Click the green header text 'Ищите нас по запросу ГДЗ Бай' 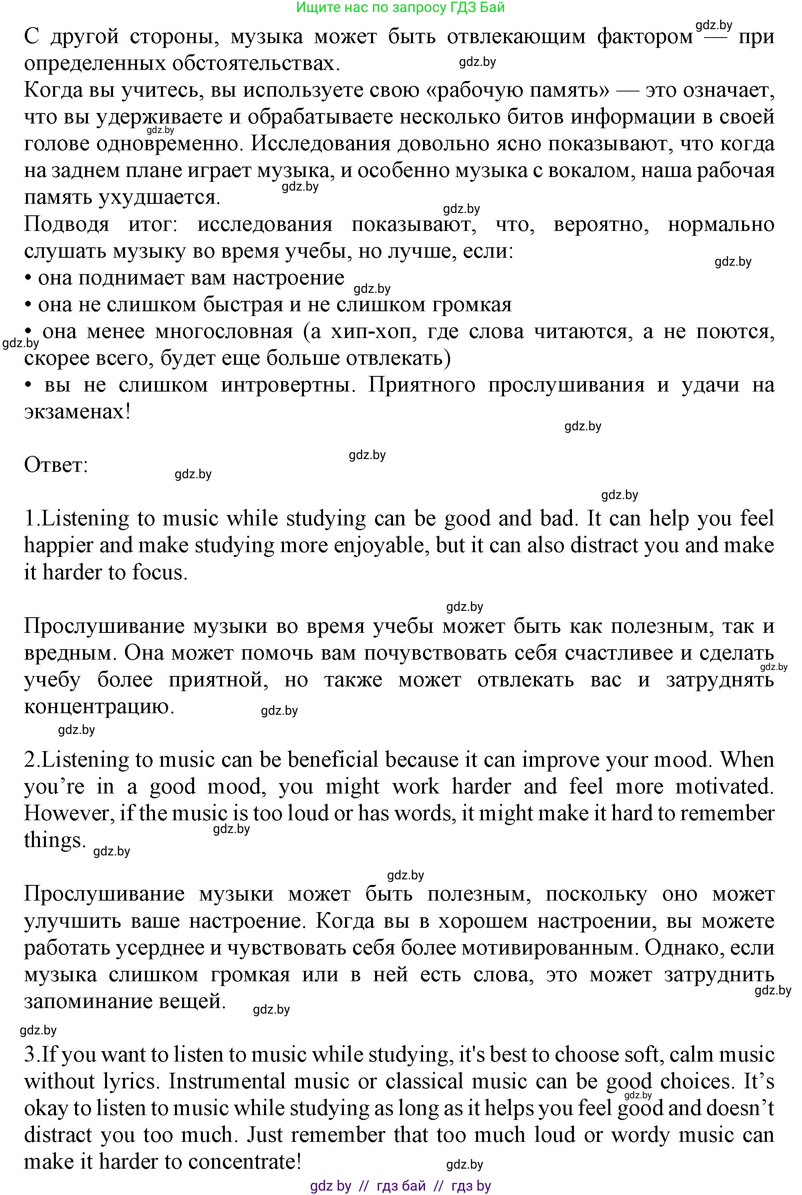pos(401,7)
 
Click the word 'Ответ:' pos(56,465)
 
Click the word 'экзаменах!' pos(77,411)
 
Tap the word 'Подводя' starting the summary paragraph pos(66,224)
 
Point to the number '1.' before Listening pos(32,519)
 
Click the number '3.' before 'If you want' pos(32,1055)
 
